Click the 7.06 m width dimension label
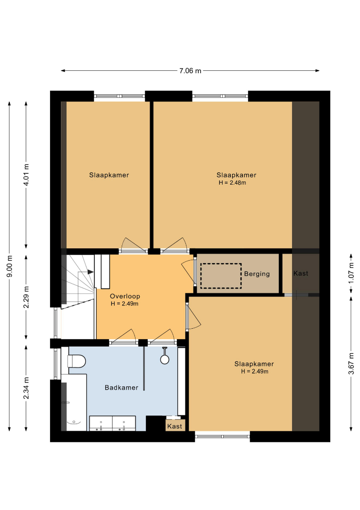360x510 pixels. (191, 70)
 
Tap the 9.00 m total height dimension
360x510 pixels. (9, 266)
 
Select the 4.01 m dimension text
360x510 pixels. (26, 175)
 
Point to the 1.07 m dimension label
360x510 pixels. (351, 273)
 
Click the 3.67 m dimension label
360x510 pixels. (351, 363)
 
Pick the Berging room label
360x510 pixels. (257, 274)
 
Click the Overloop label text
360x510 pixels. (125, 296)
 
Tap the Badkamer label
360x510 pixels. (122, 387)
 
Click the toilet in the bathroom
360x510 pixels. (76, 361)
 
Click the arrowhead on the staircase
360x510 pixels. (91, 272)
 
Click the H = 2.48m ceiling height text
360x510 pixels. (232, 183)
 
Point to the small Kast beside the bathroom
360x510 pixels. (175, 425)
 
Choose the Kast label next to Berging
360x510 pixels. (301, 273)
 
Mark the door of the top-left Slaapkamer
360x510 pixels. (133, 245)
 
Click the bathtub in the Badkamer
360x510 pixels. (74, 403)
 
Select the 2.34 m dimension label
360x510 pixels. (26, 388)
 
